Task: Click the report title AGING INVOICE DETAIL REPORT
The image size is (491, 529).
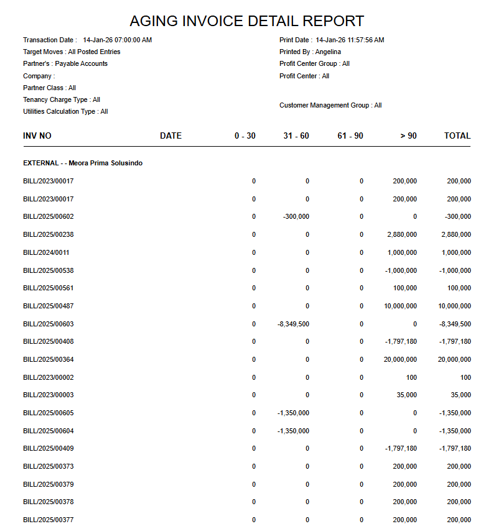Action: click(246, 21)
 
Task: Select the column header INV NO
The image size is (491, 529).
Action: click(37, 136)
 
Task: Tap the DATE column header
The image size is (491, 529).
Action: click(171, 136)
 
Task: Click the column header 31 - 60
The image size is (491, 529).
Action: click(296, 136)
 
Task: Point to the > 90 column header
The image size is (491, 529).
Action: click(408, 136)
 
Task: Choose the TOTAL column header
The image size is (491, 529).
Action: click(457, 136)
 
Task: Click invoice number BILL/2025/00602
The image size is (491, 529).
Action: click(49, 217)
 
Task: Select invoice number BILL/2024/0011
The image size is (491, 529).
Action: click(46, 253)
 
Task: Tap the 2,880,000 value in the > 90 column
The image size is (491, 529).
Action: click(402, 235)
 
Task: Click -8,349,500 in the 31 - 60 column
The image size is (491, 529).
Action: click(293, 324)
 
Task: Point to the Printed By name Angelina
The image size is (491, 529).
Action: click(328, 52)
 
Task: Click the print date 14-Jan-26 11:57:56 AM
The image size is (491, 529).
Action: click(350, 40)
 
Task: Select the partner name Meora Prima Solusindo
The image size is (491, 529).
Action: click(106, 163)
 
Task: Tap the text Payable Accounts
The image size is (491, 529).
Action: click(81, 63)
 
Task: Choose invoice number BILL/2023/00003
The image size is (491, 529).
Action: click(49, 395)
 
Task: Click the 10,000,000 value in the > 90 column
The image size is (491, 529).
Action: click(400, 306)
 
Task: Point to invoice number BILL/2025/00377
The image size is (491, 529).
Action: click(49, 520)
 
